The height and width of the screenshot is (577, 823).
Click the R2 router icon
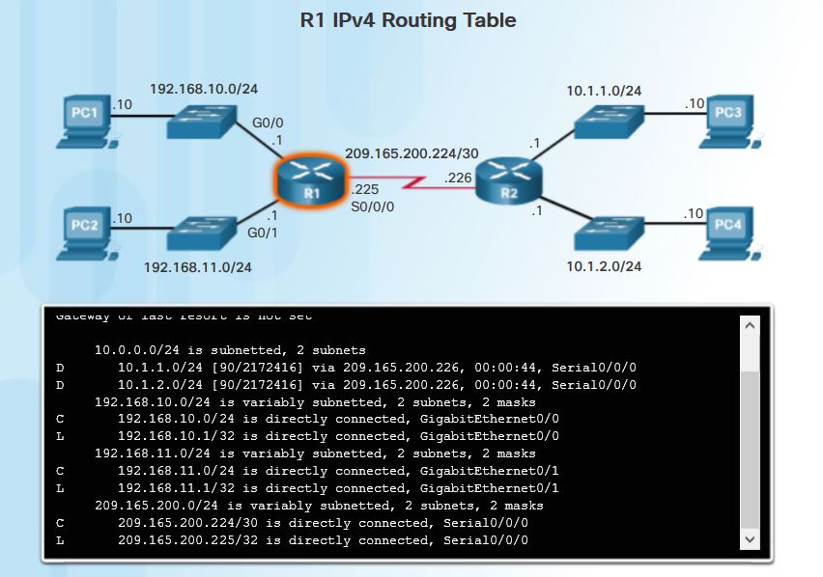pyautogui.click(x=509, y=179)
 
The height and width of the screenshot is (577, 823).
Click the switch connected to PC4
pyautogui.click(x=606, y=232)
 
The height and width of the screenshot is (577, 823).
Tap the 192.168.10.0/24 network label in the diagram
pyautogui.click(x=203, y=89)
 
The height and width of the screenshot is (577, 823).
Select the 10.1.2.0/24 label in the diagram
pyautogui.click(x=604, y=266)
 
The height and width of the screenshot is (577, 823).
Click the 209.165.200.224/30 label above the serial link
pyautogui.click(x=411, y=153)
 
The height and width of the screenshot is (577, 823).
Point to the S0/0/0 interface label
pyautogui.click(x=372, y=206)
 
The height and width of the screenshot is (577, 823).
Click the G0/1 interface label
pyautogui.click(x=264, y=233)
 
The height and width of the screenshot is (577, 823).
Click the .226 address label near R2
pyautogui.click(x=458, y=178)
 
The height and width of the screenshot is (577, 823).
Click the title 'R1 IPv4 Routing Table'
pyautogui.click(x=409, y=20)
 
